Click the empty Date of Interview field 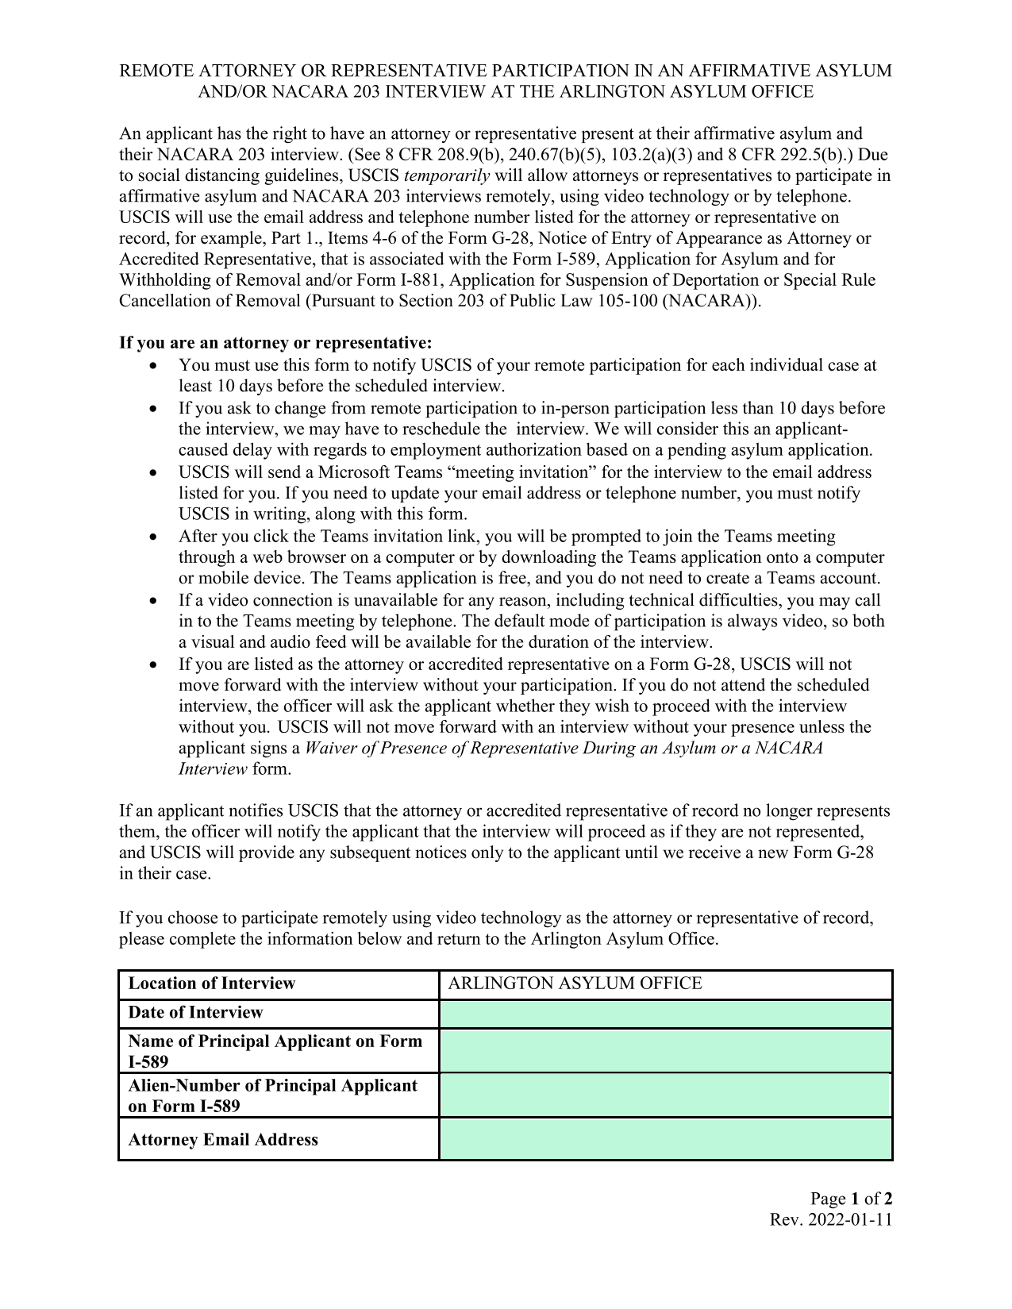pos(665,1014)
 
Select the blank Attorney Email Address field pos(665,1139)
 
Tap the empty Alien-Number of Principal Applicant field pos(665,1095)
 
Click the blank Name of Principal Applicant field pos(665,1051)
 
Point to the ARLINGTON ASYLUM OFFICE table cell pos(575,984)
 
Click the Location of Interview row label pos(211,984)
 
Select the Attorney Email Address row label pos(222,1140)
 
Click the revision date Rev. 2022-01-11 pos(831,1220)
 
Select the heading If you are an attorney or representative pos(275,343)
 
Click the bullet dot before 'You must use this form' pos(154,366)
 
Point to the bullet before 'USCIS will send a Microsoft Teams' pos(154,473)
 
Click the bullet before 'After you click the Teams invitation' pos(154,537)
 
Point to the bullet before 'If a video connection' pos(154,601)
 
